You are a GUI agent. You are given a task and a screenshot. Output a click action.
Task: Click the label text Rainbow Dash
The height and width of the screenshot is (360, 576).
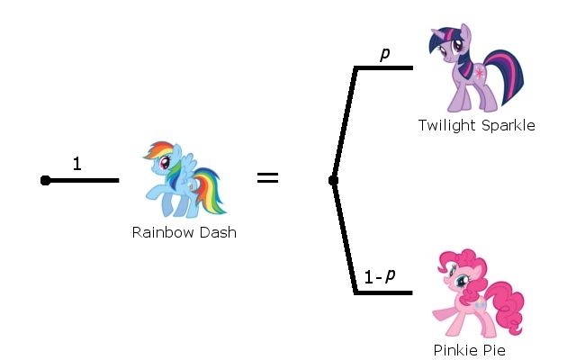pos(184,232)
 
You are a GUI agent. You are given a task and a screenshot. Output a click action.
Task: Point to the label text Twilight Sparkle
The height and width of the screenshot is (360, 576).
pos(476,126)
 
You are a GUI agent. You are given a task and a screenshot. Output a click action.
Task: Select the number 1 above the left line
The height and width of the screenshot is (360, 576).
pos(77,164)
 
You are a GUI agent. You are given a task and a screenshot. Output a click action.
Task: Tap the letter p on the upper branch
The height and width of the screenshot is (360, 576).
pos(385,53)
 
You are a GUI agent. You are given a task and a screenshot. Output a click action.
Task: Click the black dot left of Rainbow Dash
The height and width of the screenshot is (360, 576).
pos(45,181)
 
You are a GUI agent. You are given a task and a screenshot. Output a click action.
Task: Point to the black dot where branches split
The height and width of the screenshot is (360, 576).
pos(333,181)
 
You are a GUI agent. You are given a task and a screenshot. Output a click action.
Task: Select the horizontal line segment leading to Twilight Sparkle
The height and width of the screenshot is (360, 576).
pos(384,67)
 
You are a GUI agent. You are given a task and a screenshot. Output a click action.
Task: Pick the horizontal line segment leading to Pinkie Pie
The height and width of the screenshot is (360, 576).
pos(384,292)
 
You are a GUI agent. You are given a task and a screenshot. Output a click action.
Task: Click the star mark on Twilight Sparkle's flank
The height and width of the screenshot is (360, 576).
pos(490,71)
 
